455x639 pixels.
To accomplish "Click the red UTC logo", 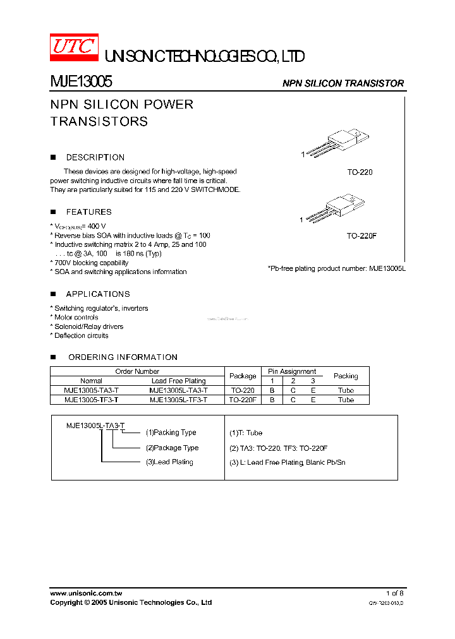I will tap(74, 48).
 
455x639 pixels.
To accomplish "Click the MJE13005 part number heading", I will tap(82, 82).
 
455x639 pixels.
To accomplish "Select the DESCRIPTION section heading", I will tap(95, 157).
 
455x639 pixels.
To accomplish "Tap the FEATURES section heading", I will tap(88, 212).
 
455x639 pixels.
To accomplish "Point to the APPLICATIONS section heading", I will tap(97, 294).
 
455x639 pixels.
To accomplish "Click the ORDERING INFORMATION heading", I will tap(123, 357).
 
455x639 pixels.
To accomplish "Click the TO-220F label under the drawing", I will tap(361, 236).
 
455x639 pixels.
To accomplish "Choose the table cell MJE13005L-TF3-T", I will tap(178, 400).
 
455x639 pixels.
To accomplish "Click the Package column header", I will tap(243, 376).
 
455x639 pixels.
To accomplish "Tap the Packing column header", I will tap(346, 376).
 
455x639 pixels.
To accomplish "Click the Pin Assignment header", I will tap(291, 372).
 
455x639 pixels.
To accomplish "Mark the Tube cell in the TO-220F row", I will tap(346, 400).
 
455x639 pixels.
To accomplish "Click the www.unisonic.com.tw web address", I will tap(86, 594).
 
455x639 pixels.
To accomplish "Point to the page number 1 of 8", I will tap(394, 594).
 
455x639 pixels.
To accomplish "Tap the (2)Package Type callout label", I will tap(172, 448).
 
